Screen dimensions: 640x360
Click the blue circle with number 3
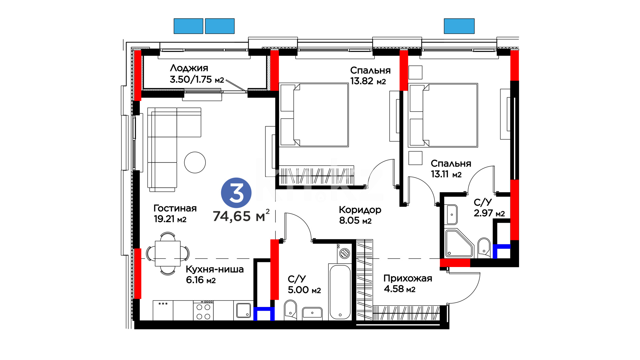click(236, 193)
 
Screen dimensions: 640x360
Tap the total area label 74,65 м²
click(241, 216)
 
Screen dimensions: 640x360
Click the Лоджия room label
click(189, 68)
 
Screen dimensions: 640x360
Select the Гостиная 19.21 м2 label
click(175, 213)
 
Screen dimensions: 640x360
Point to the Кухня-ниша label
click(215, 269)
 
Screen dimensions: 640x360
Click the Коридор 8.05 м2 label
click(360, 215)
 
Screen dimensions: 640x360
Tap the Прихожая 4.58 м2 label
click(408, 283)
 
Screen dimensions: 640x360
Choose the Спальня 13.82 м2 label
click(370, 76)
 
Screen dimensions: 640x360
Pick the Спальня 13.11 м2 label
click(451, 169)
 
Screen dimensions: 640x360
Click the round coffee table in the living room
click(195, 162)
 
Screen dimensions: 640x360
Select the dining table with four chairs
click(168, 254)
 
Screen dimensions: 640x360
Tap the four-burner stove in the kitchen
click(203, 310)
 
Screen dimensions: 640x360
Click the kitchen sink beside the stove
click(243, 310)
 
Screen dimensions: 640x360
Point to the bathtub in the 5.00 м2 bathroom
click(340, 292)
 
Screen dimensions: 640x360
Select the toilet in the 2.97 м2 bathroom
click(484, 248)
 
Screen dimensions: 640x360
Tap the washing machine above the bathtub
click(344, 253)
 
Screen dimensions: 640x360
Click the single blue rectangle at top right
click(459, 26)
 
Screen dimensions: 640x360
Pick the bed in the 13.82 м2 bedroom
click(314, 115)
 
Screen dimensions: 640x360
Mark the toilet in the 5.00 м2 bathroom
click(291, 310)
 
